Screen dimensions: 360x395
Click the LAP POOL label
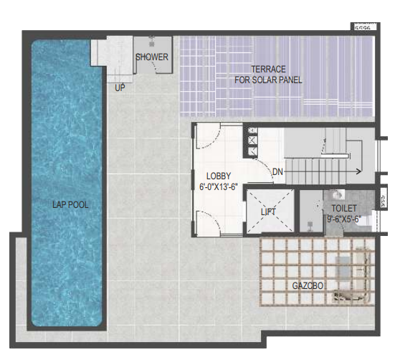(70, 204)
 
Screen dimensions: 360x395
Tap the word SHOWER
(152, 57)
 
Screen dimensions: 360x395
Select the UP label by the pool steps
(120, 87)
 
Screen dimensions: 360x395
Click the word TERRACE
(268, 69)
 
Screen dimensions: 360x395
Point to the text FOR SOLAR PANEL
(268, 80)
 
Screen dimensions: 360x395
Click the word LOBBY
(219, 176)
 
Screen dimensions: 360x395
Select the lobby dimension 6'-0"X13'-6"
(218, 186)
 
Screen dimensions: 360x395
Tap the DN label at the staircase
(277, 172)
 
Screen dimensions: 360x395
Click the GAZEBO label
(309, 286)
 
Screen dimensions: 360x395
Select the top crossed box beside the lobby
(252, 130)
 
